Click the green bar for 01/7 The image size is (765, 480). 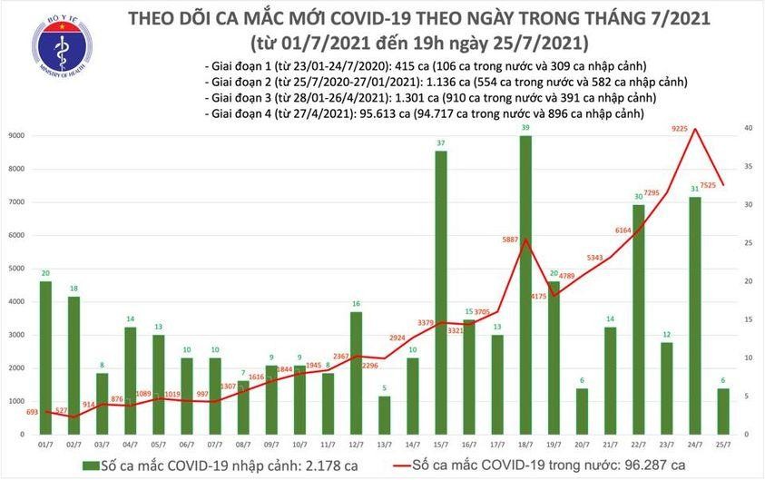pyautogui.click(x=45, y=358)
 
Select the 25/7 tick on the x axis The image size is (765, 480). pyautogui.click(x=723, y=446)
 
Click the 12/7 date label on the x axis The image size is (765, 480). pyautogui.click(x=357, y=446)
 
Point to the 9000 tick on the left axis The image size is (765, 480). pyautogui.click(x=15, y=136)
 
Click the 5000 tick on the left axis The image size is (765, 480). pyautogui.click(x=15, y=269)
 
